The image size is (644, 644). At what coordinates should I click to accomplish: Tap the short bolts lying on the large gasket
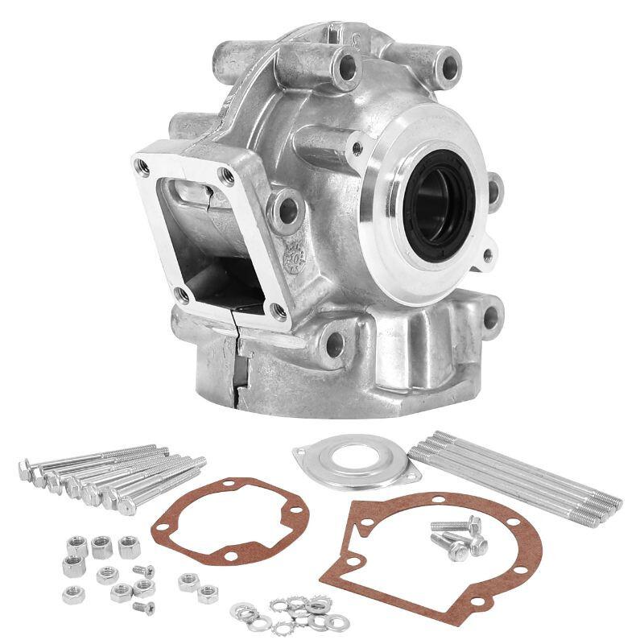[459, 537]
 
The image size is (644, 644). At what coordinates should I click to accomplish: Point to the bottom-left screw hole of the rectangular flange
[184, 296]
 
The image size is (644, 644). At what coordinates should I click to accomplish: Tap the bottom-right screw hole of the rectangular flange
[278, 309]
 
